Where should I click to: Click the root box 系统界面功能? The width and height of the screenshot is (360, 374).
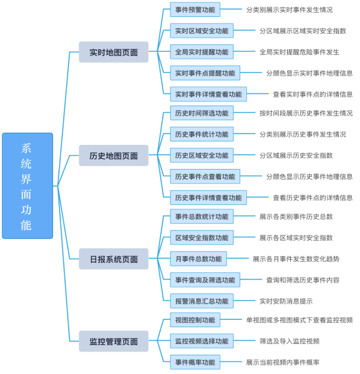pyautogui.click(x=28, y=186)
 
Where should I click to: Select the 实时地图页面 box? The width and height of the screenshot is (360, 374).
pyautogui.click(x=113, y=52)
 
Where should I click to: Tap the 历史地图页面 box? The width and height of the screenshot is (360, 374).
pyautogui.click(x=113, y=156)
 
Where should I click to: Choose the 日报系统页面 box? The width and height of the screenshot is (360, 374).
pyautogui.click(x=113, y=259)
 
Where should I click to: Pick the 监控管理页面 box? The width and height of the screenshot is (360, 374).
pyautogui.click(x=113, y=342)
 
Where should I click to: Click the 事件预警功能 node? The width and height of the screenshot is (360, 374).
pyautogui.click(x=195, y=10)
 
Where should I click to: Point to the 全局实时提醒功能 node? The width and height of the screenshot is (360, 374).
pyautogui.click(x=202, y=52)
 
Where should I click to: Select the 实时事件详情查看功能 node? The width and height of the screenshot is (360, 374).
pyautogui.click(x=208, y=94)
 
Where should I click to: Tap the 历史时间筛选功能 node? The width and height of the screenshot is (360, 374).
pyautogui.click(x=202, y=113)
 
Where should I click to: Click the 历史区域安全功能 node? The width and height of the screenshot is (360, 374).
pyautogui.click(x=202, y=155)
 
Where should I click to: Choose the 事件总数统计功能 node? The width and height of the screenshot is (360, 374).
pyautogui.click(x=202, y=216)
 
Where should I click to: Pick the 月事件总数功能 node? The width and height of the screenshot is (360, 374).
pyautogui.click(x=198, y=259)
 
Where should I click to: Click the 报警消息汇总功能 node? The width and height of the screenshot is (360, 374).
pyautogui.click(x=202, y=301)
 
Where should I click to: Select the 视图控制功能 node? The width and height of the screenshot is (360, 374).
pyautogui.click(x=195, y=320)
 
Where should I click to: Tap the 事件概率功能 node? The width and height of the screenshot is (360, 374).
pyautogui.click(x=195, y=362)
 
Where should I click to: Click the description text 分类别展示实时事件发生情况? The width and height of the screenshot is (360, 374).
pyautogui.click(x=289, y=10)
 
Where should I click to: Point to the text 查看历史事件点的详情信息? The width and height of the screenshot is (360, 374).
pyautogui.click(x=312, y=197)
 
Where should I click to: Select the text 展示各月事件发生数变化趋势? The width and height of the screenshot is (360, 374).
pyautogui.click(x=296, y=259)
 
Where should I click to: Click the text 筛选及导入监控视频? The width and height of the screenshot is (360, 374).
pyautogui.click(x=289, y=341)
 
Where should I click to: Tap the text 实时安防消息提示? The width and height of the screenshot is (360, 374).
pyautogui.click(x=286, y=301)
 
